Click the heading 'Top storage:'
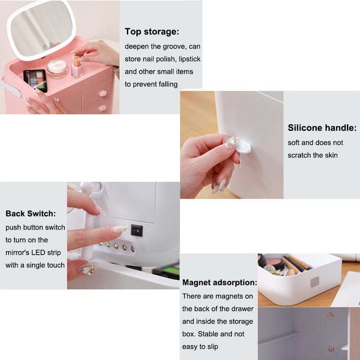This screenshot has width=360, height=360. coord(152,31)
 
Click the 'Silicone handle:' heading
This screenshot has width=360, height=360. coord(322,128)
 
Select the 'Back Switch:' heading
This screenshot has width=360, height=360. coord(31,213)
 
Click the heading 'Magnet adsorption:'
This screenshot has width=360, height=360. coord(220,283)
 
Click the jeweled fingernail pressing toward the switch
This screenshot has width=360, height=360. coord(120,229)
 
